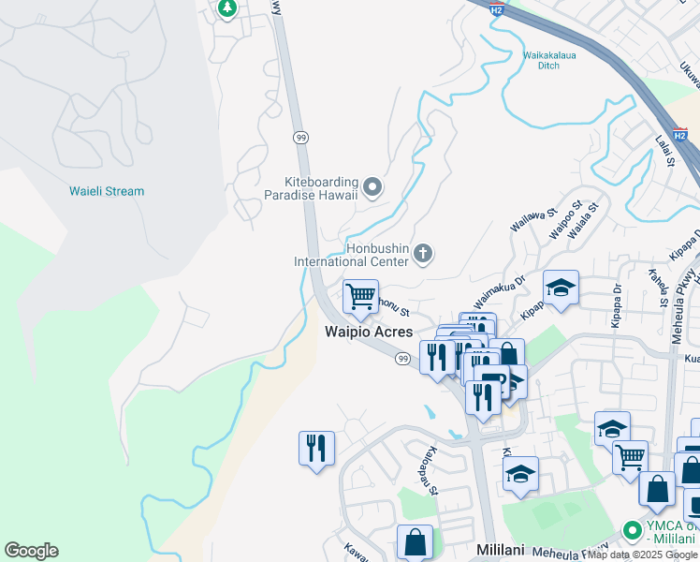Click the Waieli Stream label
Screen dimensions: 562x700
click(107, 191)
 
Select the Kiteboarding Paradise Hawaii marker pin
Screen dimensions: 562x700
click(372, 188)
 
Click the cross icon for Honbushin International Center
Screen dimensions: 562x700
click(423, 253)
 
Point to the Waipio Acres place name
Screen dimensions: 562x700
click(368, 332)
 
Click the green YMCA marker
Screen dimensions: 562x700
click(633, 530)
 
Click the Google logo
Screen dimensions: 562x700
click(31, 551)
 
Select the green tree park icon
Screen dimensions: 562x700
click(226, 8)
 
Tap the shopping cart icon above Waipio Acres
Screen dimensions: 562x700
click(360, 297)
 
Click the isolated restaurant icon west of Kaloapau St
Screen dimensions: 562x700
click(316, 447)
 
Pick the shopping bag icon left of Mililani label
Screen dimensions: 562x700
click(415, 541)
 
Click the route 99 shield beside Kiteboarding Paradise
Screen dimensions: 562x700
click(300, 136)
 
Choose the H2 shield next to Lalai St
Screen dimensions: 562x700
click(680, 136)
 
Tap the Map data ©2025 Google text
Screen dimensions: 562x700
click(643, 555)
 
